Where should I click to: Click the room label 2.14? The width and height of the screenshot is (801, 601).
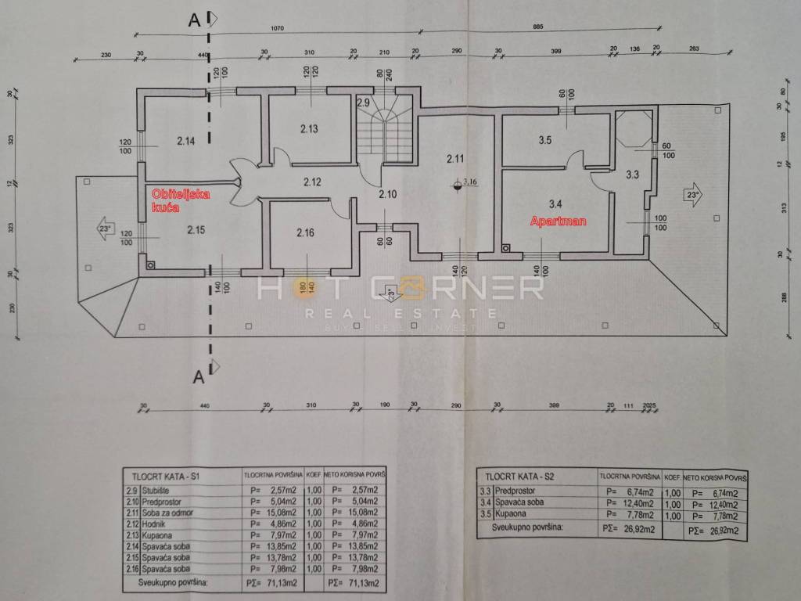click(185, 142)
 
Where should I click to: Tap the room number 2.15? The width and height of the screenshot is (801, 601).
click(196, 230)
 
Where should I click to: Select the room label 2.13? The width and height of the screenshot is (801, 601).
click(307, 130)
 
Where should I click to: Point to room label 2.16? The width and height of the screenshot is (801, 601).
click(305, 232)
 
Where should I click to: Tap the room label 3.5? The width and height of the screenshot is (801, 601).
click(545, 141)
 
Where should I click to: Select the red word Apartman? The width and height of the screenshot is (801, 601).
click(559, 221)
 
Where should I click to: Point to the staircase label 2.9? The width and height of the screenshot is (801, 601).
click(363, 103)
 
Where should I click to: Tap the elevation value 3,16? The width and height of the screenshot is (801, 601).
click(470, 183)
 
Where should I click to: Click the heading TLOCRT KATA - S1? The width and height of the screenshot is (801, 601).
click(165, 475)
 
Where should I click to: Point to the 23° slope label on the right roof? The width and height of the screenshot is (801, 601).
click(690, 195)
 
